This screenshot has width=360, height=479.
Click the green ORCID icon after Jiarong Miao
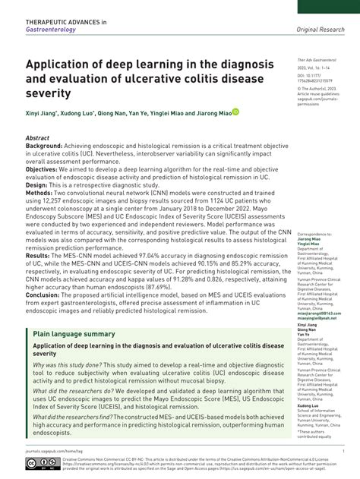click(x=236, y=113)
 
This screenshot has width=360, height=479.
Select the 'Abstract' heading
click(x=39, y=138)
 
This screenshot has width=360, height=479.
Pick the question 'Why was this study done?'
click(x=68, y=364)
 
